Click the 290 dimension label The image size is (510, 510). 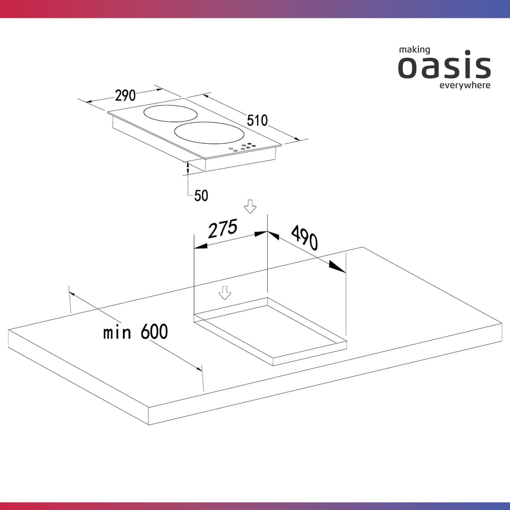(x=125, y=95)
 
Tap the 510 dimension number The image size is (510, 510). (x=257, y=120)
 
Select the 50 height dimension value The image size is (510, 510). (x=201, y=195)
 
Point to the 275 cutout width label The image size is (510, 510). (x=223, y=228)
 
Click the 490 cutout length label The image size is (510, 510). (x=304, y=238)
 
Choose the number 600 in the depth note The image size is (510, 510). (x=154, y=331)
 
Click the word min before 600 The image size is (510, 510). (x=117, y=333)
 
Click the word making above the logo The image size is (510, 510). (x=414, y=50)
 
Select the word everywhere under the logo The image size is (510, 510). (x=465, y=85)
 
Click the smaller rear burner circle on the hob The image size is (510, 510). (x=170, y=114)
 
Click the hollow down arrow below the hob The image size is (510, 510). (x=250, y=207)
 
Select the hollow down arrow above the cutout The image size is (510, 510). (x=225, y=293)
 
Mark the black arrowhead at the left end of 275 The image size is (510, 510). (x=200, y=246)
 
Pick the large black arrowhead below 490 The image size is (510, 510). (x=337, y=266)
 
